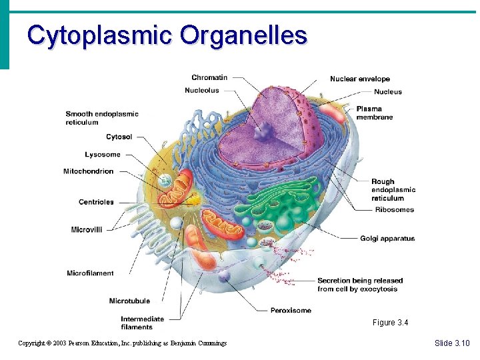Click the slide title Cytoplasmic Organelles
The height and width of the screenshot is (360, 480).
pos(167,35)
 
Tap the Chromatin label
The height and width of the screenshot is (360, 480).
pos(209,77)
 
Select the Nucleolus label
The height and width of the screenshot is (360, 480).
pos(201,91)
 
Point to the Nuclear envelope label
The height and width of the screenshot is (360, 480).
pos(360,79)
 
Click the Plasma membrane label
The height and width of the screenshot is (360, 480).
pos(374,113)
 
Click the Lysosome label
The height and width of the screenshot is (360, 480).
pos(103,155)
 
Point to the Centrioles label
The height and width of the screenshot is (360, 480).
pos(96,202)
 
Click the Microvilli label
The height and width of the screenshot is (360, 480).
pos(87,230)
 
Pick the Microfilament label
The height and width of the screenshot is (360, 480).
pos(90,273)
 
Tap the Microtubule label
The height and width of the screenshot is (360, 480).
pos(129,301)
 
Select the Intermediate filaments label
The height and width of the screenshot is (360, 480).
pos(142,323)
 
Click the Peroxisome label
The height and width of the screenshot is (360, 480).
pos(291,311)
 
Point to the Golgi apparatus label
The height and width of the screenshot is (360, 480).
pos(387,238)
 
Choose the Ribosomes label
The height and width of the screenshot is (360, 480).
pos(393,210)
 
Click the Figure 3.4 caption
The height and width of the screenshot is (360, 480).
pos(390,323)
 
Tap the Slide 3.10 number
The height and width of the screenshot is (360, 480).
pos(452,343)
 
